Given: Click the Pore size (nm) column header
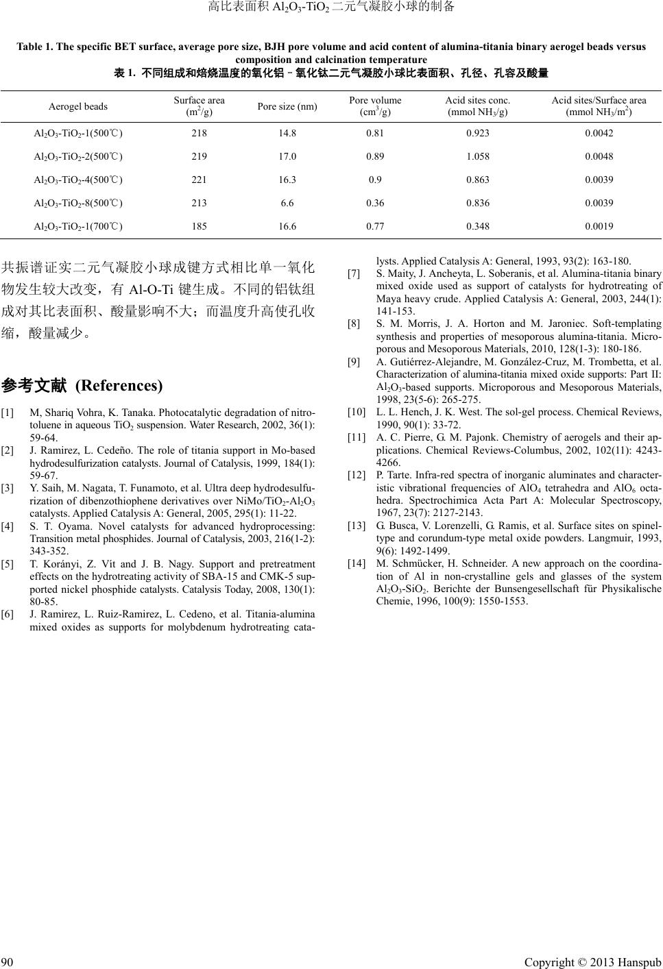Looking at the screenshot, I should pos(287,106).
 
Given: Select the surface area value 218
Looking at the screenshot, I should pos(199,133).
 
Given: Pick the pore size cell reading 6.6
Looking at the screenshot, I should pos(287,203).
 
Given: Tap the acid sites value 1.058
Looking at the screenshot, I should pos(477,156).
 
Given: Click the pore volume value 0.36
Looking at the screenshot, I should pos(375,203).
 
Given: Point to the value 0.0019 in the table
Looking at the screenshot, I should pos(599,226).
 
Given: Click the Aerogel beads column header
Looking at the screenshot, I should pos(77,106).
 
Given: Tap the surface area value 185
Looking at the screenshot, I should pos(199,226).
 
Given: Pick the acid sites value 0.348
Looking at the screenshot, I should pos(477,226).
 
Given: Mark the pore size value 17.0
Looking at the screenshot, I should pos(287,156).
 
